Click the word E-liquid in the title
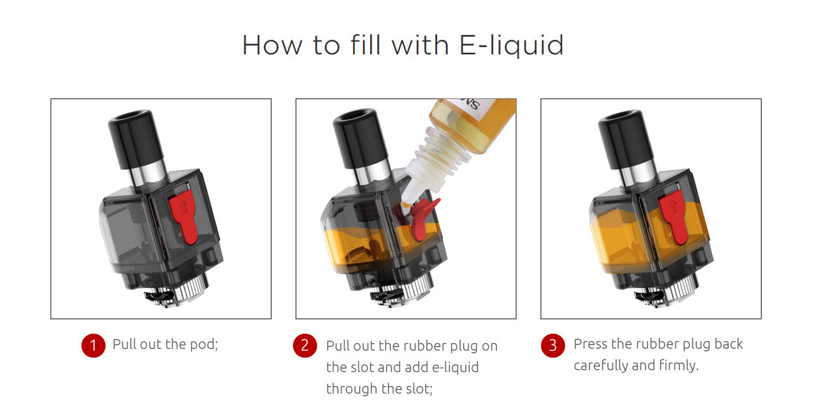(x=511, y=46)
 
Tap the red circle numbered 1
(x=93, y=345)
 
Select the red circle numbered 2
(x=305, y=345)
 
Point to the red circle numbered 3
(x=553, y=345)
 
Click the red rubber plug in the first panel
(x=184, y=217)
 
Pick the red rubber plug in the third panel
(x=674, y=217)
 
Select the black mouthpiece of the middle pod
(x=360, y=138)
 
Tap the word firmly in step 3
(x=678, y=365)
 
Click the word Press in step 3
(x=590, y=344)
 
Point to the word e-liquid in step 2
(x=455, y=367)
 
